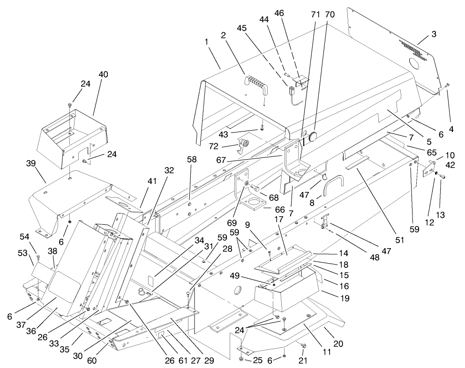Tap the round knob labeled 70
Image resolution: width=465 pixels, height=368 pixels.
tap(311, 138)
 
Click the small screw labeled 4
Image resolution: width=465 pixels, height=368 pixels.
tap(447, 86)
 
